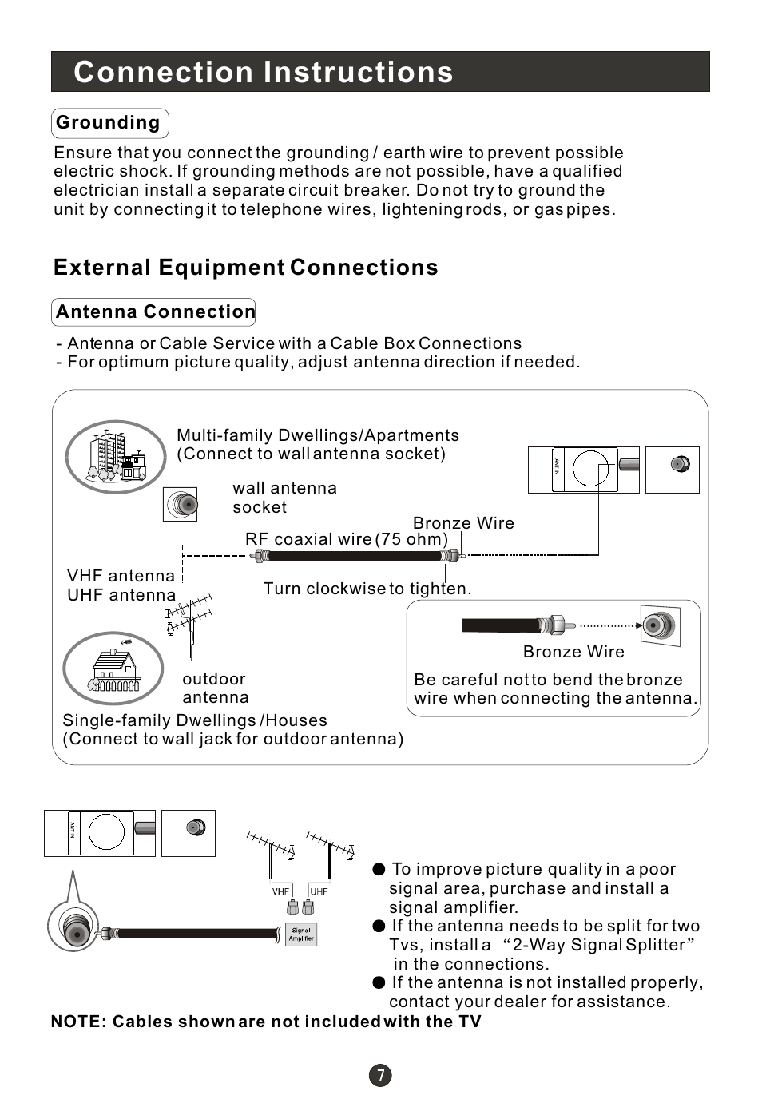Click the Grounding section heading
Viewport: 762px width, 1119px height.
[110, 123]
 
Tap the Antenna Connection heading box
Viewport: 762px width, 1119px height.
[153, 312]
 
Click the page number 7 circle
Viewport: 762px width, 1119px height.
[380, 1075]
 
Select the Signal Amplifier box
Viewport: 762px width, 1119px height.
[301, 934]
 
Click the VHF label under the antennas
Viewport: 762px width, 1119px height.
[280, 891]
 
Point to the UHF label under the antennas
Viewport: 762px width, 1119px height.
[319, 891]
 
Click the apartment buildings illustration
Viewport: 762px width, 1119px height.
[116, 457]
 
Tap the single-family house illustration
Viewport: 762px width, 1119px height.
[113, 669]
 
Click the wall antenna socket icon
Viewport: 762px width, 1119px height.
[180, 505]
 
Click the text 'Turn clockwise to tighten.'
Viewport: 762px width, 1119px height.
[367, 589]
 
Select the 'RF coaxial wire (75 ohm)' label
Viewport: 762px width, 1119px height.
[347, 539]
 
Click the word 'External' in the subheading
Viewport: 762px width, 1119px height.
[102, 268]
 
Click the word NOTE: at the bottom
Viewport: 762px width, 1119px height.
[79, 1022]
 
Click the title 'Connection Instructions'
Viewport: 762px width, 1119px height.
[264, 72]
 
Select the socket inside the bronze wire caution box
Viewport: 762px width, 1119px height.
[661, 625]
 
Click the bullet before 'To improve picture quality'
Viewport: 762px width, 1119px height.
[379, 869]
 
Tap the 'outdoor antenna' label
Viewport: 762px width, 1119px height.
[216, 688]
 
